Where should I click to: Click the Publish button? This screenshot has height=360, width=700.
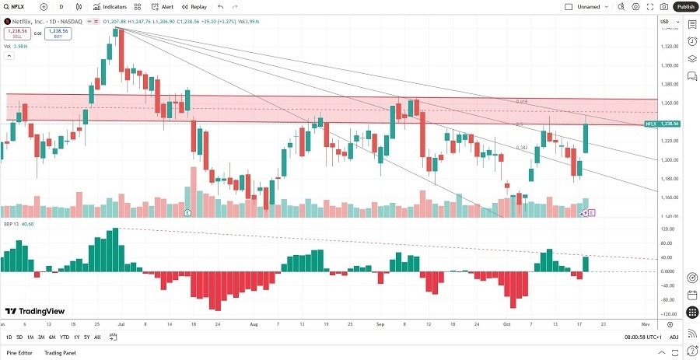(x=685, y=6)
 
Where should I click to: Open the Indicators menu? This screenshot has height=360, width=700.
(x=110, y=6)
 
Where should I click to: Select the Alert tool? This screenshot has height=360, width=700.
(x=163, y=6)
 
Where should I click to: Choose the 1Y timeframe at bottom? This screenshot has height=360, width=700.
(x=75, y=337)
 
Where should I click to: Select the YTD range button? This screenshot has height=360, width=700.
(x=64, y=337)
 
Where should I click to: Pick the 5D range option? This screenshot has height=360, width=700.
(x=19, y=337)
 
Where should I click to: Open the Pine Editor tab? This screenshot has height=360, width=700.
(x=21, y=353)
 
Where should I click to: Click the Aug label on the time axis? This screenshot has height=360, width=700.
(x=254, y=323)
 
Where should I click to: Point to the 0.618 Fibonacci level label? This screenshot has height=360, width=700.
(x=522, y=102)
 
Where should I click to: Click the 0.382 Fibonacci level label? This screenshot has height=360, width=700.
(x=523, y=147)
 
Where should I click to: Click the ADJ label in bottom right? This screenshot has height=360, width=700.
(x=674, y=337)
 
